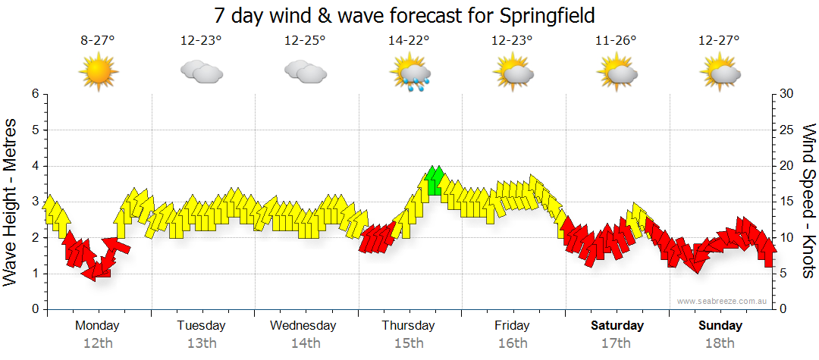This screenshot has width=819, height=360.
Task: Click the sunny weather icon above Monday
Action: click(99, 72)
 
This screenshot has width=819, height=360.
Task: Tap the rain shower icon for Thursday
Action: click(410, 73)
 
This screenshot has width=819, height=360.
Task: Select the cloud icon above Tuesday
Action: click(202, 72)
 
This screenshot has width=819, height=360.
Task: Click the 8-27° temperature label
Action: click(98, 41)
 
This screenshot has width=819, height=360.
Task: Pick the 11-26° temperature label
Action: click(616, 41)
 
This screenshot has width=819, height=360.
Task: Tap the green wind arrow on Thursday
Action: click(435, 181)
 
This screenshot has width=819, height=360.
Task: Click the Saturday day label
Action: click(617, 326)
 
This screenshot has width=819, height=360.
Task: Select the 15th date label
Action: click(409, 343)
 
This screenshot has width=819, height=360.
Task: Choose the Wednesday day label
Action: click(303, 326)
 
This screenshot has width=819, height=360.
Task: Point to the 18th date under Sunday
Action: click(720, 343)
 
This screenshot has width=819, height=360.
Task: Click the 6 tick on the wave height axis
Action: click(34, 94)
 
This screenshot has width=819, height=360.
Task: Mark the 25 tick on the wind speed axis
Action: click(786, 130)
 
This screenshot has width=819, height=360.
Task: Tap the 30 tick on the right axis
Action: click(786, 94)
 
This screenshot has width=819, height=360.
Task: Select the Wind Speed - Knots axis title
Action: click(808, 201)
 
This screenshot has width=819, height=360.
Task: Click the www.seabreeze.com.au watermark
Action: click(723, 301)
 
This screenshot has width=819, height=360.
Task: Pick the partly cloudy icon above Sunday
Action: click(720, 72)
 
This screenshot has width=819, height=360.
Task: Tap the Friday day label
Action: click(513, 326)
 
